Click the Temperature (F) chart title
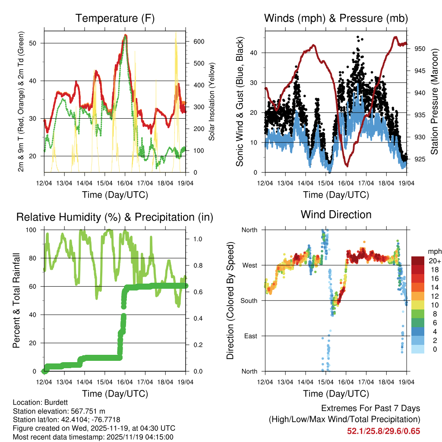(x=115, y=19)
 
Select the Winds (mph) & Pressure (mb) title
(x=336, y=19)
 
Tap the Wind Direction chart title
(x=336, y=215)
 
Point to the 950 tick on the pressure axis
(x=420, y=49)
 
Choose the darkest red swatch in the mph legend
(x=418, y=261)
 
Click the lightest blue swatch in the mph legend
(x=418, y=349)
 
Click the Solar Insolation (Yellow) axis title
(x=212, y=102)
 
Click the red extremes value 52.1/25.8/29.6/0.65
(x=383, y=431)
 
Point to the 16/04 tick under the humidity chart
(x=125, y=382)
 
